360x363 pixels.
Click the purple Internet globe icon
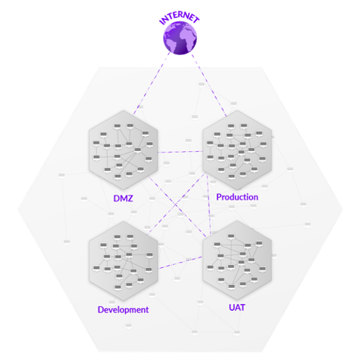click(x=180, y=38)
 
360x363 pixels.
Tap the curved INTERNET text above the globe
click(x=179, y=17)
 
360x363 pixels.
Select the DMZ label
click(x=123, y=199)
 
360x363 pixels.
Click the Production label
click(x=237, y=197)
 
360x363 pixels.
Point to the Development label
click(x=123, y=309)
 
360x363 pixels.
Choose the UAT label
click(x=237, y=307)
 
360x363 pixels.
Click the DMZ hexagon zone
click(x=123, y=150)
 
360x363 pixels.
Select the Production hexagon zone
click(x=237, y=150)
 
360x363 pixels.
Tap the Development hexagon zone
click(x=123, y=261)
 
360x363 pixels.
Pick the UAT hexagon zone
click(x=237, y=260)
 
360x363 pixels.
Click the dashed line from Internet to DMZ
click(x=152, y=83)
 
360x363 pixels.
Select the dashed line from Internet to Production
click(x=209, y=85)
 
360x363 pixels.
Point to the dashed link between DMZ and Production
click(x=180, y=152)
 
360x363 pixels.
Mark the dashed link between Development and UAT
click(x=180, y=263)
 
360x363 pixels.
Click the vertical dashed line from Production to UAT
click(x=209, y=205)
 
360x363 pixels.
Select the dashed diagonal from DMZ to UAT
click(x=177, y=207)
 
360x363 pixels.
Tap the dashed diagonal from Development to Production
click(x=176, y=204)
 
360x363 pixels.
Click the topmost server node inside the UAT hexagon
click(x=231, y=237)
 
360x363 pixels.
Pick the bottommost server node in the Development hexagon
click(x=118, y=288)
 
